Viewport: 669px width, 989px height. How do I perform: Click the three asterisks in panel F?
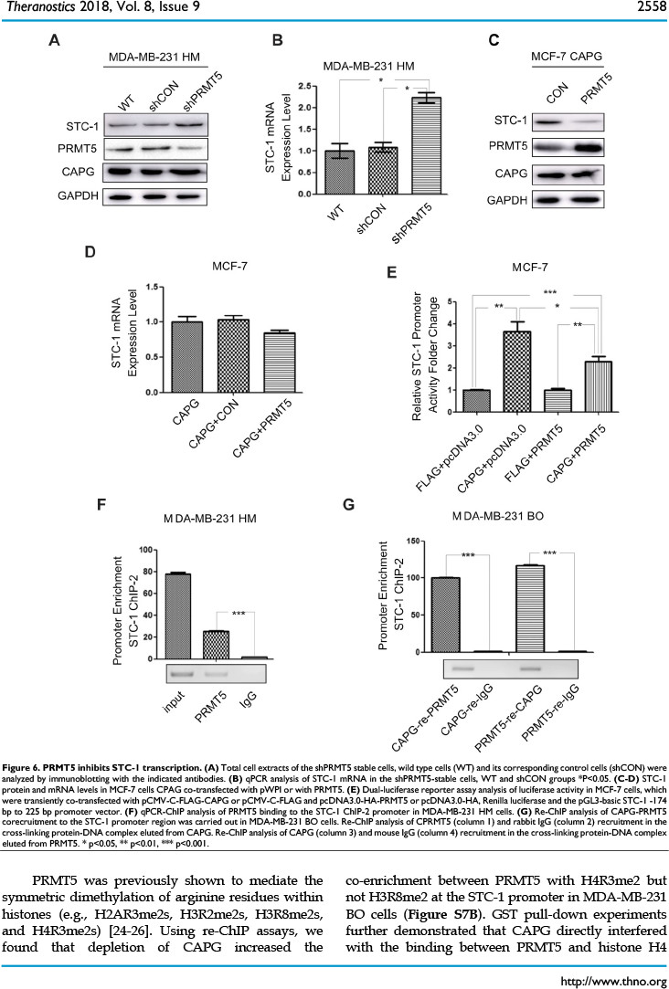tap(239, 614)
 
